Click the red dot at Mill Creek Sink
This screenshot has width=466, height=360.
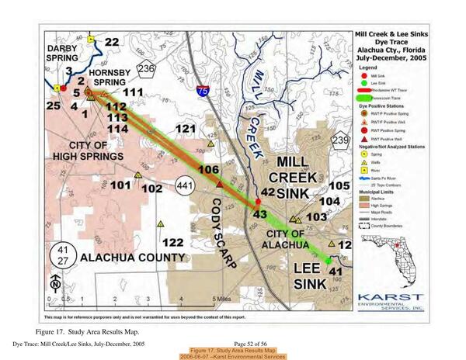257,203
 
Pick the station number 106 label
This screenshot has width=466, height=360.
208,169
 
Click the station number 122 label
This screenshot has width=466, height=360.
173,242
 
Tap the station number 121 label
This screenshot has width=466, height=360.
185,128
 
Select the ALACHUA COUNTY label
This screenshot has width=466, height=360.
133,257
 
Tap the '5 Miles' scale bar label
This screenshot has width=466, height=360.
221,299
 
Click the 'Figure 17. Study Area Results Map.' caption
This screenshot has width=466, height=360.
93,331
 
